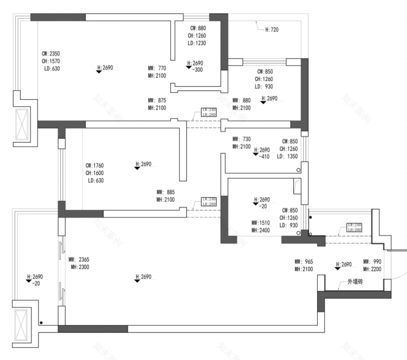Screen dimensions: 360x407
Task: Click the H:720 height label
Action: [x=271, y=30]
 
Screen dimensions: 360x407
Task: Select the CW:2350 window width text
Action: [x=50, y=54]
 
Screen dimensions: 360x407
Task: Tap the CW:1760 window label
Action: [x=94, y=165]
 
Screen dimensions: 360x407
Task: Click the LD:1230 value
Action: [x=197, y=43]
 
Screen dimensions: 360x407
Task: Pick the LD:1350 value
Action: [x=287, y=157]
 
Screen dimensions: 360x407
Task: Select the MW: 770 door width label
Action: [x=157, y=68]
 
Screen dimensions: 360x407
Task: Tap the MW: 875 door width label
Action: [x=157, y=100]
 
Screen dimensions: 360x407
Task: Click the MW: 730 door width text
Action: [x=241, y=139]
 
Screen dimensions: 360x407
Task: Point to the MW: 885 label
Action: [x=166, y=192]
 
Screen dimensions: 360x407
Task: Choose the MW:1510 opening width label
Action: [x=260, y=222]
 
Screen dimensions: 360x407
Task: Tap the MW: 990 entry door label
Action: [x=372, y=261]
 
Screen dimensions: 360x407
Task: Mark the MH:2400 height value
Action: [x=260, y=230]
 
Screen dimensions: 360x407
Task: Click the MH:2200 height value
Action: [x=372, y=269]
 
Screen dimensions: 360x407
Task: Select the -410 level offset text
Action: [x=265, y=156]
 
